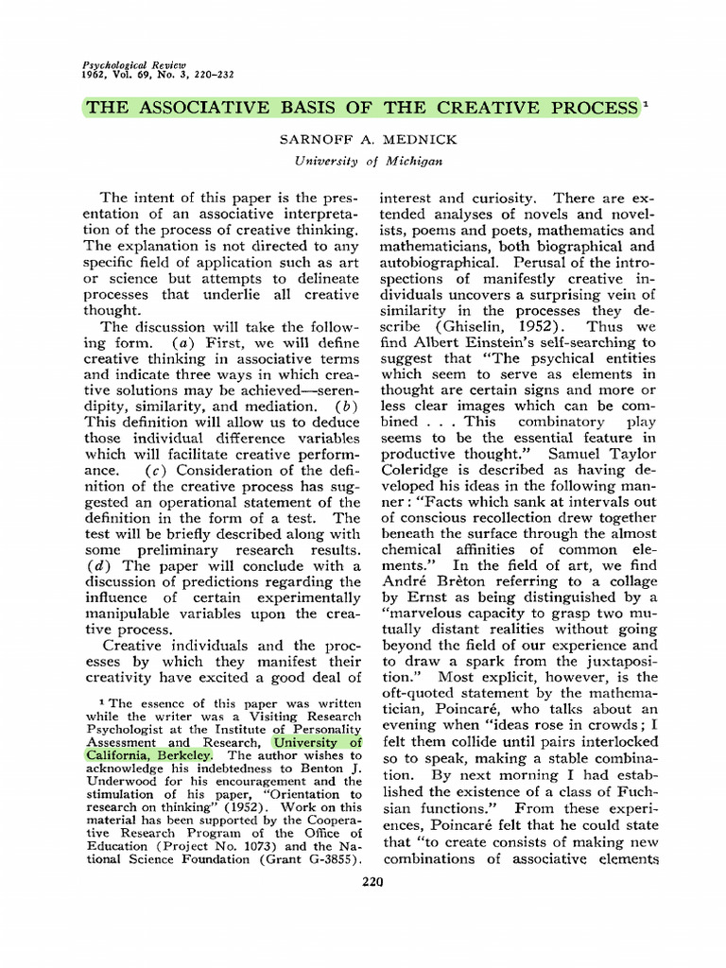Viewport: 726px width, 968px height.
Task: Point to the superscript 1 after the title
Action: coord(646,103)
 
